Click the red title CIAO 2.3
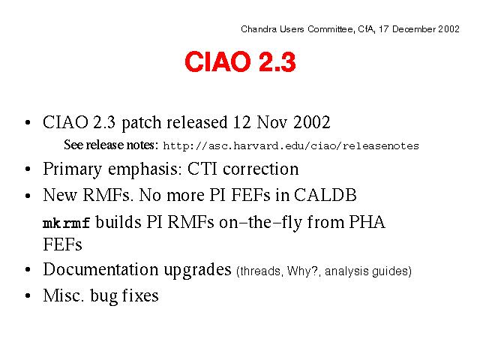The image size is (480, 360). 240,61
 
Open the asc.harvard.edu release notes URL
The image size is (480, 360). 291,146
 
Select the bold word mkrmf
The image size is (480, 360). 67,223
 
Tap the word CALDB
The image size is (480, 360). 325,195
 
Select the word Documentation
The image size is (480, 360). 101,269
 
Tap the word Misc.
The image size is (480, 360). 63,295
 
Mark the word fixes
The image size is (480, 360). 140,295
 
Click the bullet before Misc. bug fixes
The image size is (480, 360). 28,296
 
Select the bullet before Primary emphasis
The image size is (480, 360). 28,169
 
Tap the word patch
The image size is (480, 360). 142,123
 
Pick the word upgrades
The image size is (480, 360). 197,271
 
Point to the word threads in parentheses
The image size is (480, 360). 260,271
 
